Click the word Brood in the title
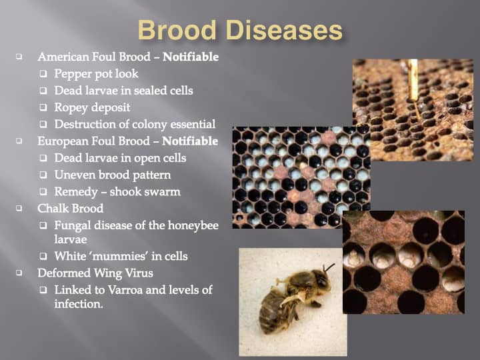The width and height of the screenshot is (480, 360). click(x=177, y=30)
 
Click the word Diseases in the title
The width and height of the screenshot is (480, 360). click(x=284, y=30)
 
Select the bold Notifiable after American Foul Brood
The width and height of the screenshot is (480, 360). click(x=191, y=57)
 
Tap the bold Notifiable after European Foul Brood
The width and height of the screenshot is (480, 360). click(x=190, y=141)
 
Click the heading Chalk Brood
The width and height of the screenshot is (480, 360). click(x=71, y=209)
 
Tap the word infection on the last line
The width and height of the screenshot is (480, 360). click(x=79, y=304)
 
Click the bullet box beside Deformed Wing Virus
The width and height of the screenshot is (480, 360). click(x=19, y=273)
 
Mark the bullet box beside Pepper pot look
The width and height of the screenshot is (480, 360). click(x=43, y=74)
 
